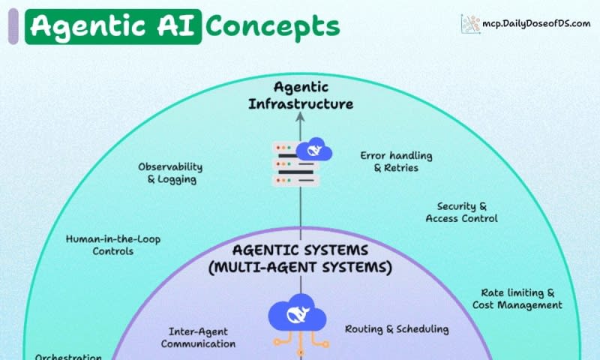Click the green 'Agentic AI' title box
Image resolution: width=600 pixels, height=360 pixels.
[113, 26]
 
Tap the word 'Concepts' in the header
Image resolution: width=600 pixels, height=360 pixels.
[273, 26]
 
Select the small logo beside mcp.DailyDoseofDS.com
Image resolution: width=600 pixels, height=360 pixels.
[471, 23]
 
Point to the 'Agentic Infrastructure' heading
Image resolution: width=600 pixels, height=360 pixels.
[301, 96]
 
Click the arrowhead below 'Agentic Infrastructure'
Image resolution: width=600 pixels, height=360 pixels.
[301, 117]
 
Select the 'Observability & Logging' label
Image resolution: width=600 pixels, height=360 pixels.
[170, 173]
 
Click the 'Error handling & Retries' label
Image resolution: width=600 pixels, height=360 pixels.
[396, 162]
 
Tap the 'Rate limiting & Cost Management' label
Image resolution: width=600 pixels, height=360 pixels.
[517, 298]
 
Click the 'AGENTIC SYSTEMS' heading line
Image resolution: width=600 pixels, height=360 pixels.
[300, 250]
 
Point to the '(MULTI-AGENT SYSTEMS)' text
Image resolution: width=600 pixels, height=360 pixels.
[301, 266]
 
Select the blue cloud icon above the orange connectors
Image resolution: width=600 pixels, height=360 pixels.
[300, 316]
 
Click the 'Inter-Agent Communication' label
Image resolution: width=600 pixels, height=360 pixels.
[198, 337]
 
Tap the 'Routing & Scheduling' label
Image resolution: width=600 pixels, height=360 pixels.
[397, 328]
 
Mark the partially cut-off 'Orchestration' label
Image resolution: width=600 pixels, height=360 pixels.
[68, 356]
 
